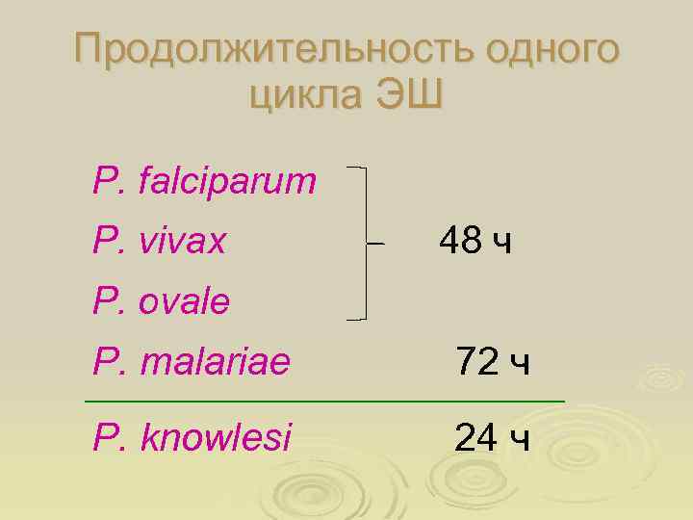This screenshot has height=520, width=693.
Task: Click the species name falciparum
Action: click(227, 179)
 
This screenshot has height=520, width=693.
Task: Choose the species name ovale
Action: click(184, 302)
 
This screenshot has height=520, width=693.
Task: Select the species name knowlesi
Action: click(216, 438)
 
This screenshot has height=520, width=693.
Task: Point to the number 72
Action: click(476, 363)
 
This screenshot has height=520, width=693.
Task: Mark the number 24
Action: click(476, 438)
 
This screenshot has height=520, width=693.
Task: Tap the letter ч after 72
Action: click(520, 365)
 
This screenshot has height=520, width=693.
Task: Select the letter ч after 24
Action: click(520, 440)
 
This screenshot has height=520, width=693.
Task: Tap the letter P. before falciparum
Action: click(106, 179)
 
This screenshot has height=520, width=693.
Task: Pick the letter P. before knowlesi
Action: click(106, 438)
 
